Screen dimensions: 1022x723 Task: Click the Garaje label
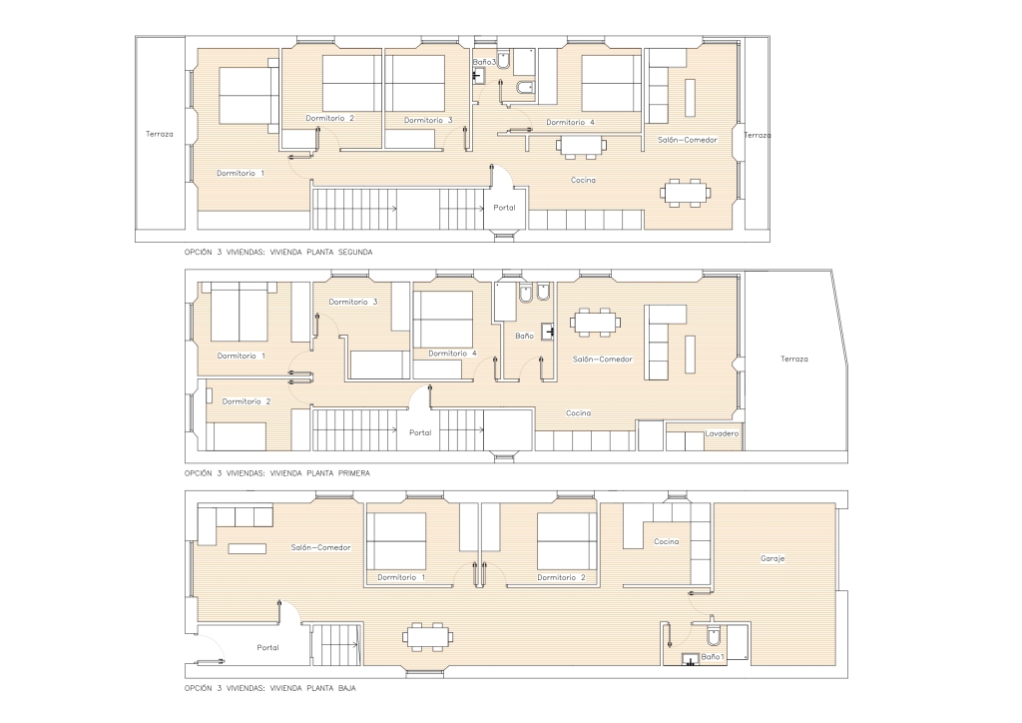click(772, 558)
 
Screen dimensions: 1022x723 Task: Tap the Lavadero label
click(722, 433)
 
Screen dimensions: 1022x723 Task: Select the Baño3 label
click(484, 62)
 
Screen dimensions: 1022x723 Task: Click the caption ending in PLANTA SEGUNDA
click(278, 252)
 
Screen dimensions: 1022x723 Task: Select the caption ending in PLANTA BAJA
click(269, 688)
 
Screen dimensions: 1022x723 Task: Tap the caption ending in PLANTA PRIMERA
click(277, 473)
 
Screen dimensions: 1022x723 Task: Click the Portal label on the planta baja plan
click(267, 647)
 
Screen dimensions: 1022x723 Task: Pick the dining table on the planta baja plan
click(427, 636)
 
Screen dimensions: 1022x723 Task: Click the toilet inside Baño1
click(714, 633)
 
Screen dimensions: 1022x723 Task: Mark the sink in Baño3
click(478, 76)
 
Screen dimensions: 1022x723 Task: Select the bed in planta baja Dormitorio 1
click(396, 541)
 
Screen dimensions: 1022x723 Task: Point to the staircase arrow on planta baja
click(337, 645)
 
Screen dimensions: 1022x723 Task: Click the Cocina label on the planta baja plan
click(666, 542)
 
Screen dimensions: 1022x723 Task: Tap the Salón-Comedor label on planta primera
click(602, 360)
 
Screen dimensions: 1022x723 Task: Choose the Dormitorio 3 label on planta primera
click(353, 302)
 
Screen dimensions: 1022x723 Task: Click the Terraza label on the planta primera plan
click(793, 359)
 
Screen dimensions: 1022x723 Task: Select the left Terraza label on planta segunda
click(160, 134)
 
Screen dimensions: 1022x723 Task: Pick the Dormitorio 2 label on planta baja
click(561, 577)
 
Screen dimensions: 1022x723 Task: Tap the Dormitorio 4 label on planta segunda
click(570, 122)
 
